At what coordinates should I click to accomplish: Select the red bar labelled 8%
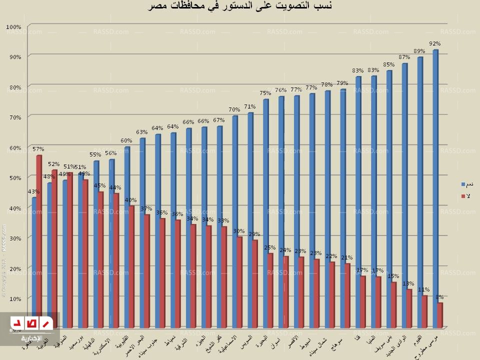440,315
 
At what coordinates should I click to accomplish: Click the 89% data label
419,51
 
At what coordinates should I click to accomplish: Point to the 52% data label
54,164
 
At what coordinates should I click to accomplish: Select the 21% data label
347,257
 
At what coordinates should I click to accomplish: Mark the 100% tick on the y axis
14,26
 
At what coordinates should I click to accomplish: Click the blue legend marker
462,184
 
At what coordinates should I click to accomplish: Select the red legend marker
462,195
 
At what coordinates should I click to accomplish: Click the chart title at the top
240,6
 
